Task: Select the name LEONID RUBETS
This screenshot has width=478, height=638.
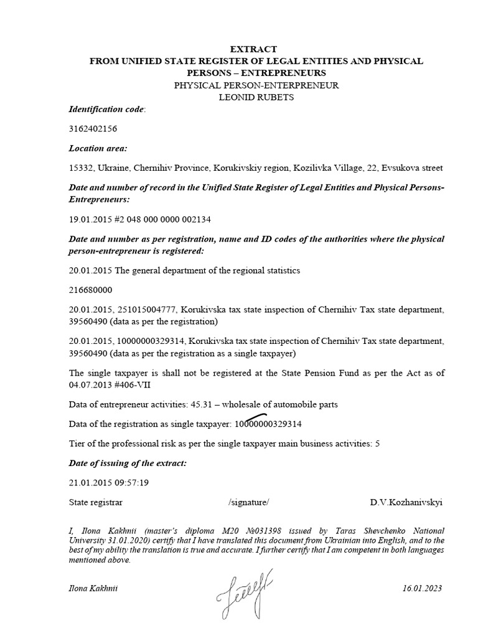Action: [x=256, y=97]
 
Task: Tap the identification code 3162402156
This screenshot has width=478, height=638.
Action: [x=93, y=129]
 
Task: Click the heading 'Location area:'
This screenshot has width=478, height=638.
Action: [x=98, y=148]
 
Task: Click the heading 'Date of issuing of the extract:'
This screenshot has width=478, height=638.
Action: [x=127, y=463]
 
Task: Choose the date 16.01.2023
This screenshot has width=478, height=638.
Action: [x=423, y=589]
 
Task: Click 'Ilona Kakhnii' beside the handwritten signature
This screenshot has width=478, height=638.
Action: [x=93, y=589]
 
